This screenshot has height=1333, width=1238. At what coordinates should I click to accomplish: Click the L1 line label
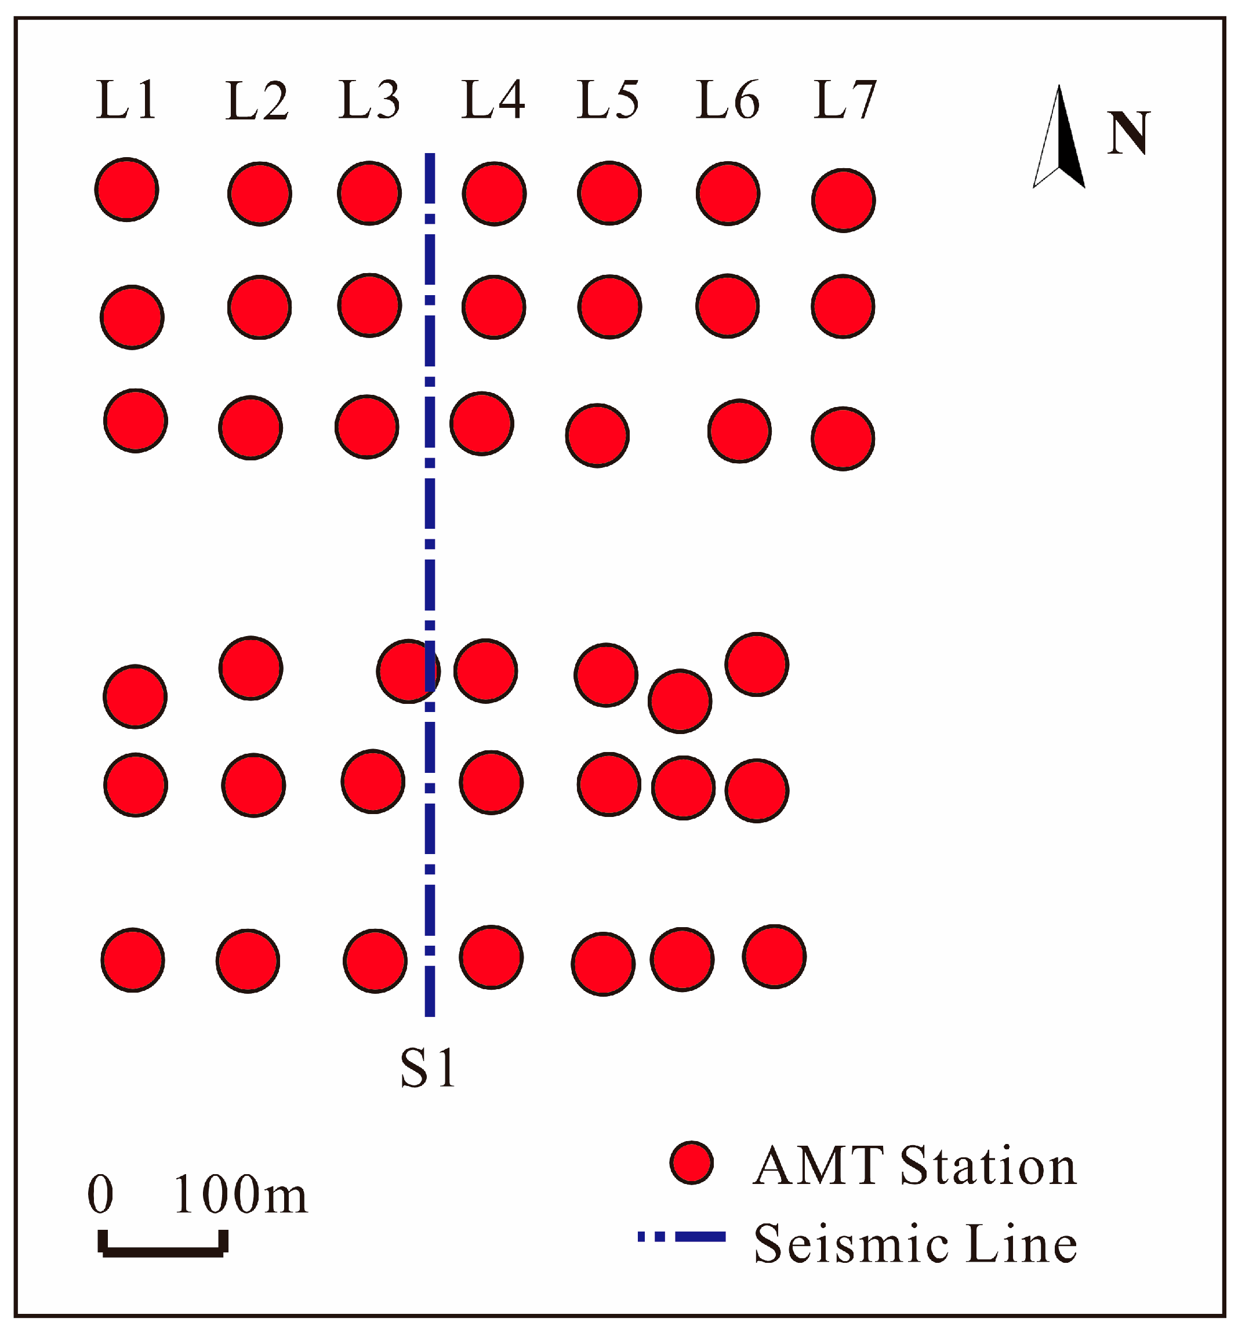[126, 100]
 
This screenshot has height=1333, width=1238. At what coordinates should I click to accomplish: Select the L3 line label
[369, 100]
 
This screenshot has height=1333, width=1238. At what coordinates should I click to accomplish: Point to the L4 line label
[493, 100]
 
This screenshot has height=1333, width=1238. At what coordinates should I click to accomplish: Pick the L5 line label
[608, 100]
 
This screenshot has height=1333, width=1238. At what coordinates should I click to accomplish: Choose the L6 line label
[728, 100]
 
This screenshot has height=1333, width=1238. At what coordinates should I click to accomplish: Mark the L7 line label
[845, 100]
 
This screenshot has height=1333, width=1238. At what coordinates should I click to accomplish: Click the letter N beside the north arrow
[1129, 133]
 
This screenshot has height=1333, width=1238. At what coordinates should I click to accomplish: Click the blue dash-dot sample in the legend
[682, 1237]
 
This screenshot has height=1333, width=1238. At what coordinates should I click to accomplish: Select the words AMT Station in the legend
[914, 1166]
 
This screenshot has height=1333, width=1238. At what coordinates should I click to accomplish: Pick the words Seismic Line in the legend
[916, 1243]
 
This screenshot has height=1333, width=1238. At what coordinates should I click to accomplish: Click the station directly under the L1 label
[126, 190]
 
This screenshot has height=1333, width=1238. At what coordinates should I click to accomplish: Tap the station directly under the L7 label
[844, 200]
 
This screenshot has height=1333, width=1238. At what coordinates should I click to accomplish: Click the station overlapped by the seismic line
[408, 671]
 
